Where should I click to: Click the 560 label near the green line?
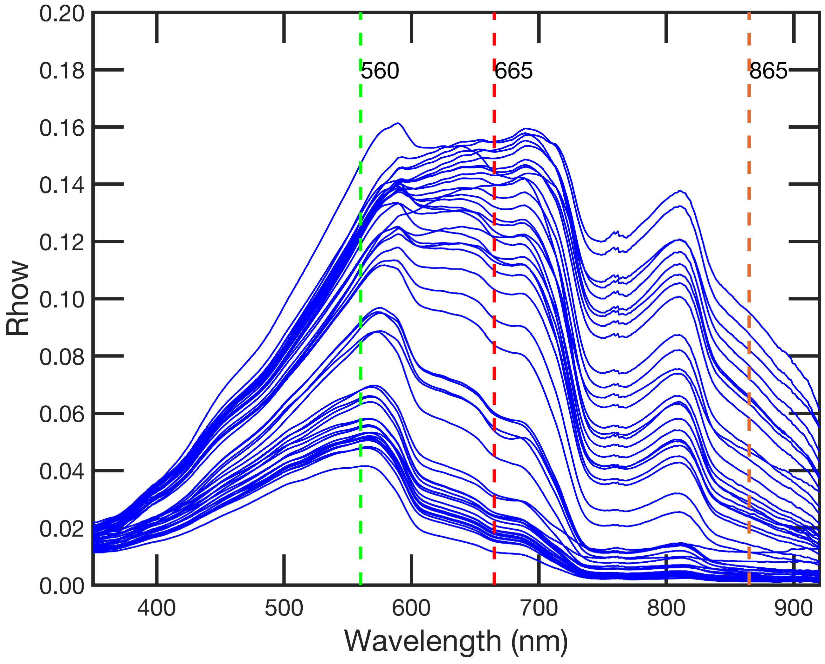[x=380, y=71]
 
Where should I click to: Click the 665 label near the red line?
[x=513, y=71]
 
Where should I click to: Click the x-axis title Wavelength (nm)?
[x=456, y=641]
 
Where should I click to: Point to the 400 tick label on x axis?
[x=156, y=608]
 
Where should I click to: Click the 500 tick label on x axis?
[x=284, y=608]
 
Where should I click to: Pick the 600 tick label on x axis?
[x=411, y=608]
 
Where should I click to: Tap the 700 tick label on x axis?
[x=539, y=608]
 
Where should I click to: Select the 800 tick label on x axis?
[x=666, y=608]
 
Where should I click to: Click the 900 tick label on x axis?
[x=794, y=608]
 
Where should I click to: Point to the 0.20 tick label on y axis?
[x=62, y=14]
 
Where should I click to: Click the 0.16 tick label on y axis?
[x=62, y=128]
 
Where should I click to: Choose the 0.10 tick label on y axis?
[x=62, y=300]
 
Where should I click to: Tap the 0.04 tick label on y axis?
[x=62, y=471]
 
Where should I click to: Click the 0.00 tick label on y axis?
[x=62, y=586]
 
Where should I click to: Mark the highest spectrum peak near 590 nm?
[x=398, y=123]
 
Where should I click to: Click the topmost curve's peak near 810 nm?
[x=680, y=191]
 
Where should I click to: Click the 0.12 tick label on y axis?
[x=62, y=242]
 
